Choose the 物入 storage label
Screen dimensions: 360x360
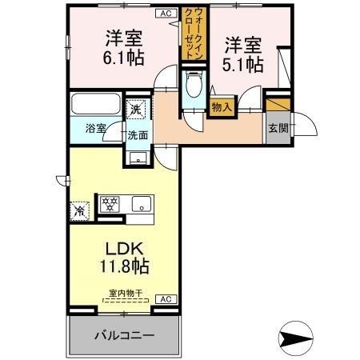point(222,106)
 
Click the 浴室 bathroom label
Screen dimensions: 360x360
point(96,127)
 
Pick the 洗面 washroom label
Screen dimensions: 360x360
point(137,134)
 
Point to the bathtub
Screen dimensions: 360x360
point(95,104)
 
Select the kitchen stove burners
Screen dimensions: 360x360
point(110,203)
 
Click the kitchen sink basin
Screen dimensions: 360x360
point(140,203)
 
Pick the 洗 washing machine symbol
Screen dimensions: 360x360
point(137,109)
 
